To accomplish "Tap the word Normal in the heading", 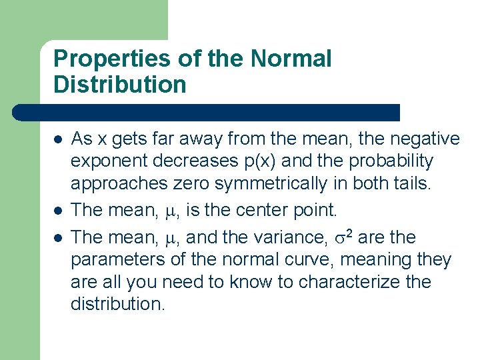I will pyautogui.click(x=291, y=59).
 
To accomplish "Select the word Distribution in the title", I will pyautogui.click(x=120, y=85).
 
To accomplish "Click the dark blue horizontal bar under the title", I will pyautogui.click(x=207, y=112).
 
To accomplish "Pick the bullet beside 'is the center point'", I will pyautogui.click(x=58, y=211).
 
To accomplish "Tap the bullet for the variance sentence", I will pyautogui.click(x=58, y=237).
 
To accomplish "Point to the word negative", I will pyautogui.click(x=424, y=139).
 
